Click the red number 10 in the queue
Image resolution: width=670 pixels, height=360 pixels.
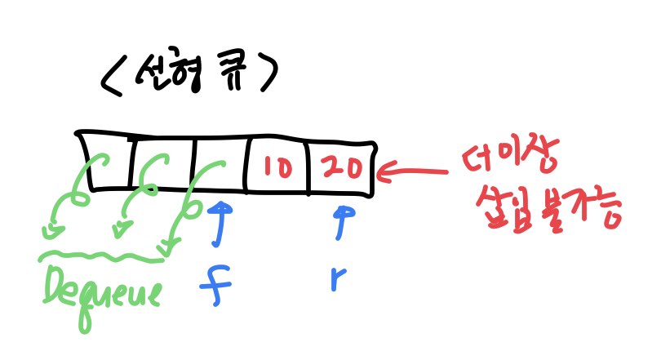(x=277, y=167)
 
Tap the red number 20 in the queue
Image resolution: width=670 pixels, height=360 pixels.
(x=343, y=167)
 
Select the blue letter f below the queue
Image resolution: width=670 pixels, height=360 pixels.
(x=215, y=285)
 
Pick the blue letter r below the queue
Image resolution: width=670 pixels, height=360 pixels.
(x=339, y=278)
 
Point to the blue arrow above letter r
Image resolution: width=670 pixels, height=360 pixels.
(x=341, y=223)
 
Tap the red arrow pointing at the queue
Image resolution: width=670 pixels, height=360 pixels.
(x=412, y=172)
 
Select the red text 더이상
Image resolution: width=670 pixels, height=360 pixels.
(x=511, y=155)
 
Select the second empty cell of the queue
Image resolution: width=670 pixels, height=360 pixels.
(x=163, y=163)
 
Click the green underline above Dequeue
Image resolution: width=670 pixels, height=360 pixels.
(x=102, y=256)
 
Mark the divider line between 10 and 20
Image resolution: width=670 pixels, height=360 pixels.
(x=308, y=168)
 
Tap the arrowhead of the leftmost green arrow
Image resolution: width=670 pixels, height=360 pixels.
(x=52, y=232)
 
